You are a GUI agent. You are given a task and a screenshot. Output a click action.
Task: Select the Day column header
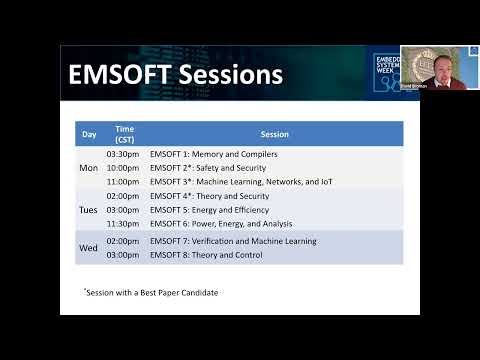pyautogui.click(x=89, y=134)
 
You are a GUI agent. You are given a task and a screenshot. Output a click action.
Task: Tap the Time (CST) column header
pyautogui.click(x=124, y=134)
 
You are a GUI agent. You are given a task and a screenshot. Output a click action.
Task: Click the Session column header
pyautogui.click(x=274, y=134)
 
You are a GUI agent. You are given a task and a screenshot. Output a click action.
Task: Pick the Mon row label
pyautogui.click(x=89, y=168)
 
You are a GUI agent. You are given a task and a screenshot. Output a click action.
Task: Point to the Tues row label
pyautogui.click(x=89, y=211)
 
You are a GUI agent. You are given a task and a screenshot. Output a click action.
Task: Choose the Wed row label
pyautogui.click(x=89, y=248)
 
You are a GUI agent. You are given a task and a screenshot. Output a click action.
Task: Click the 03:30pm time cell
pyautogui.click(x=124, y=154)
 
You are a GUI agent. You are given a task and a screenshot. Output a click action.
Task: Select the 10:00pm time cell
pyautogui.click(x=124, y=168)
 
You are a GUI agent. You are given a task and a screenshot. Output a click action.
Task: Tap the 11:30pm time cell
pyautogui.click(x=124, y=225)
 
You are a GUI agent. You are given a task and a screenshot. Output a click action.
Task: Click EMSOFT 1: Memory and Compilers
pyautogui.click(x=213, y=154)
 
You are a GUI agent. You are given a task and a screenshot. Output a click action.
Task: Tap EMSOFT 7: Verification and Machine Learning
pyautogui.click(x=232, y=241)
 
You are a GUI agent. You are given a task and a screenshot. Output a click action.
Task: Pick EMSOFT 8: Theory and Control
pyautogui.click(x=206, y=255)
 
